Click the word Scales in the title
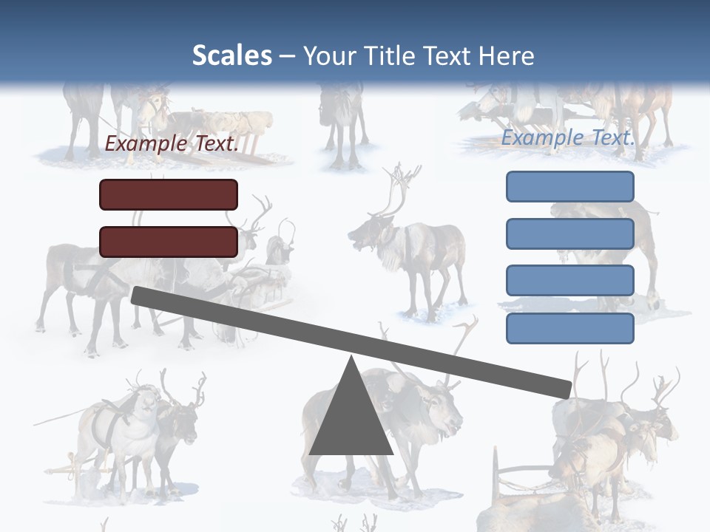pos(231,55)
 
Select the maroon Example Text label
pos(172,144)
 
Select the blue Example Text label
pos(568,137)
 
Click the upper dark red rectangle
pos(169,194)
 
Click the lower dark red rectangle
pos(169,242)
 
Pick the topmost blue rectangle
pos(569,186)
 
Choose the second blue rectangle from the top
pos(569,233)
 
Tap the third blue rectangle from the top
pos(569,281)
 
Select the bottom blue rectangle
pos(569,328)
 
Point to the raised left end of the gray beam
pos(138,295)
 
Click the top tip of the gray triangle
pos(351,359)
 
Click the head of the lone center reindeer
pos(367,234)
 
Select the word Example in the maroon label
pos(145,144)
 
